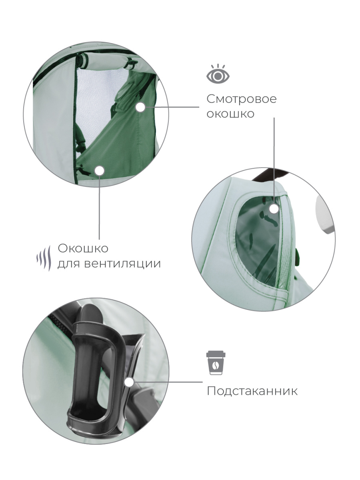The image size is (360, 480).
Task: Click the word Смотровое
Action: pos(241,99)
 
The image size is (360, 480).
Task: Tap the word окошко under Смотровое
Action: pos(230,114)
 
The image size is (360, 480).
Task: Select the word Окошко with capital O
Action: pos(83,248)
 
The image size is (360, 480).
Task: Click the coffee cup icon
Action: pos(216,363)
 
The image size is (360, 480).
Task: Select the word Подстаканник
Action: pos(252,391)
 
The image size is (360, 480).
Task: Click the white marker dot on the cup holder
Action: pos(129,382)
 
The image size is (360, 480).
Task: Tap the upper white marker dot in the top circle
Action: pos(140,107)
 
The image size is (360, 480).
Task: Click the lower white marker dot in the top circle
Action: pos(100,171)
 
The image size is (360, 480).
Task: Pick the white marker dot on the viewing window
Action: pos(274,208)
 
